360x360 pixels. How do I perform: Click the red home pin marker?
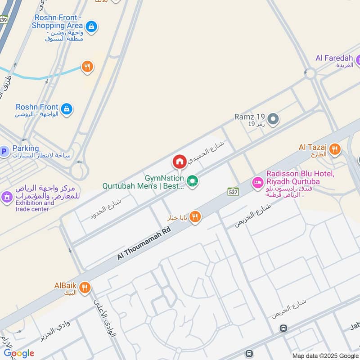(x=179, y=162)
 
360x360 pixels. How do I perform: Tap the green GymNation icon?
(x=193, y=181)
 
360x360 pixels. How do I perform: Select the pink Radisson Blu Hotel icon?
(x=257, y=182)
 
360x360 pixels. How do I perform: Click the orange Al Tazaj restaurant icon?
(x=335, y=149)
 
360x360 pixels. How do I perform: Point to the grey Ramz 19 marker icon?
(x=273, y=119)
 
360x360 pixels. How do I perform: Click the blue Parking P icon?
(x=4, y=152)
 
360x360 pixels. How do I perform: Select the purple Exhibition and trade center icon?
(x=6, y=197)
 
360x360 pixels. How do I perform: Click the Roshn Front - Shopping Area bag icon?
(x=91, y=26)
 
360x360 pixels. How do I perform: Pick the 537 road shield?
(x=233, y=192)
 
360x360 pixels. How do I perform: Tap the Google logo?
(x=19, y=353)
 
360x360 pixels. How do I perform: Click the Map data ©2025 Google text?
(x=325, y=355)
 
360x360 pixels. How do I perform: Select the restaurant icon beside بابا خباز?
(x=194, y=217)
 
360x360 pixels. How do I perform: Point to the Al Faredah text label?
(x=333, y=58)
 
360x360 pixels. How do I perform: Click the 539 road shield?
(x=4, y=19)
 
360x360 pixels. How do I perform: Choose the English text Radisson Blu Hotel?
(x=299, y=174)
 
